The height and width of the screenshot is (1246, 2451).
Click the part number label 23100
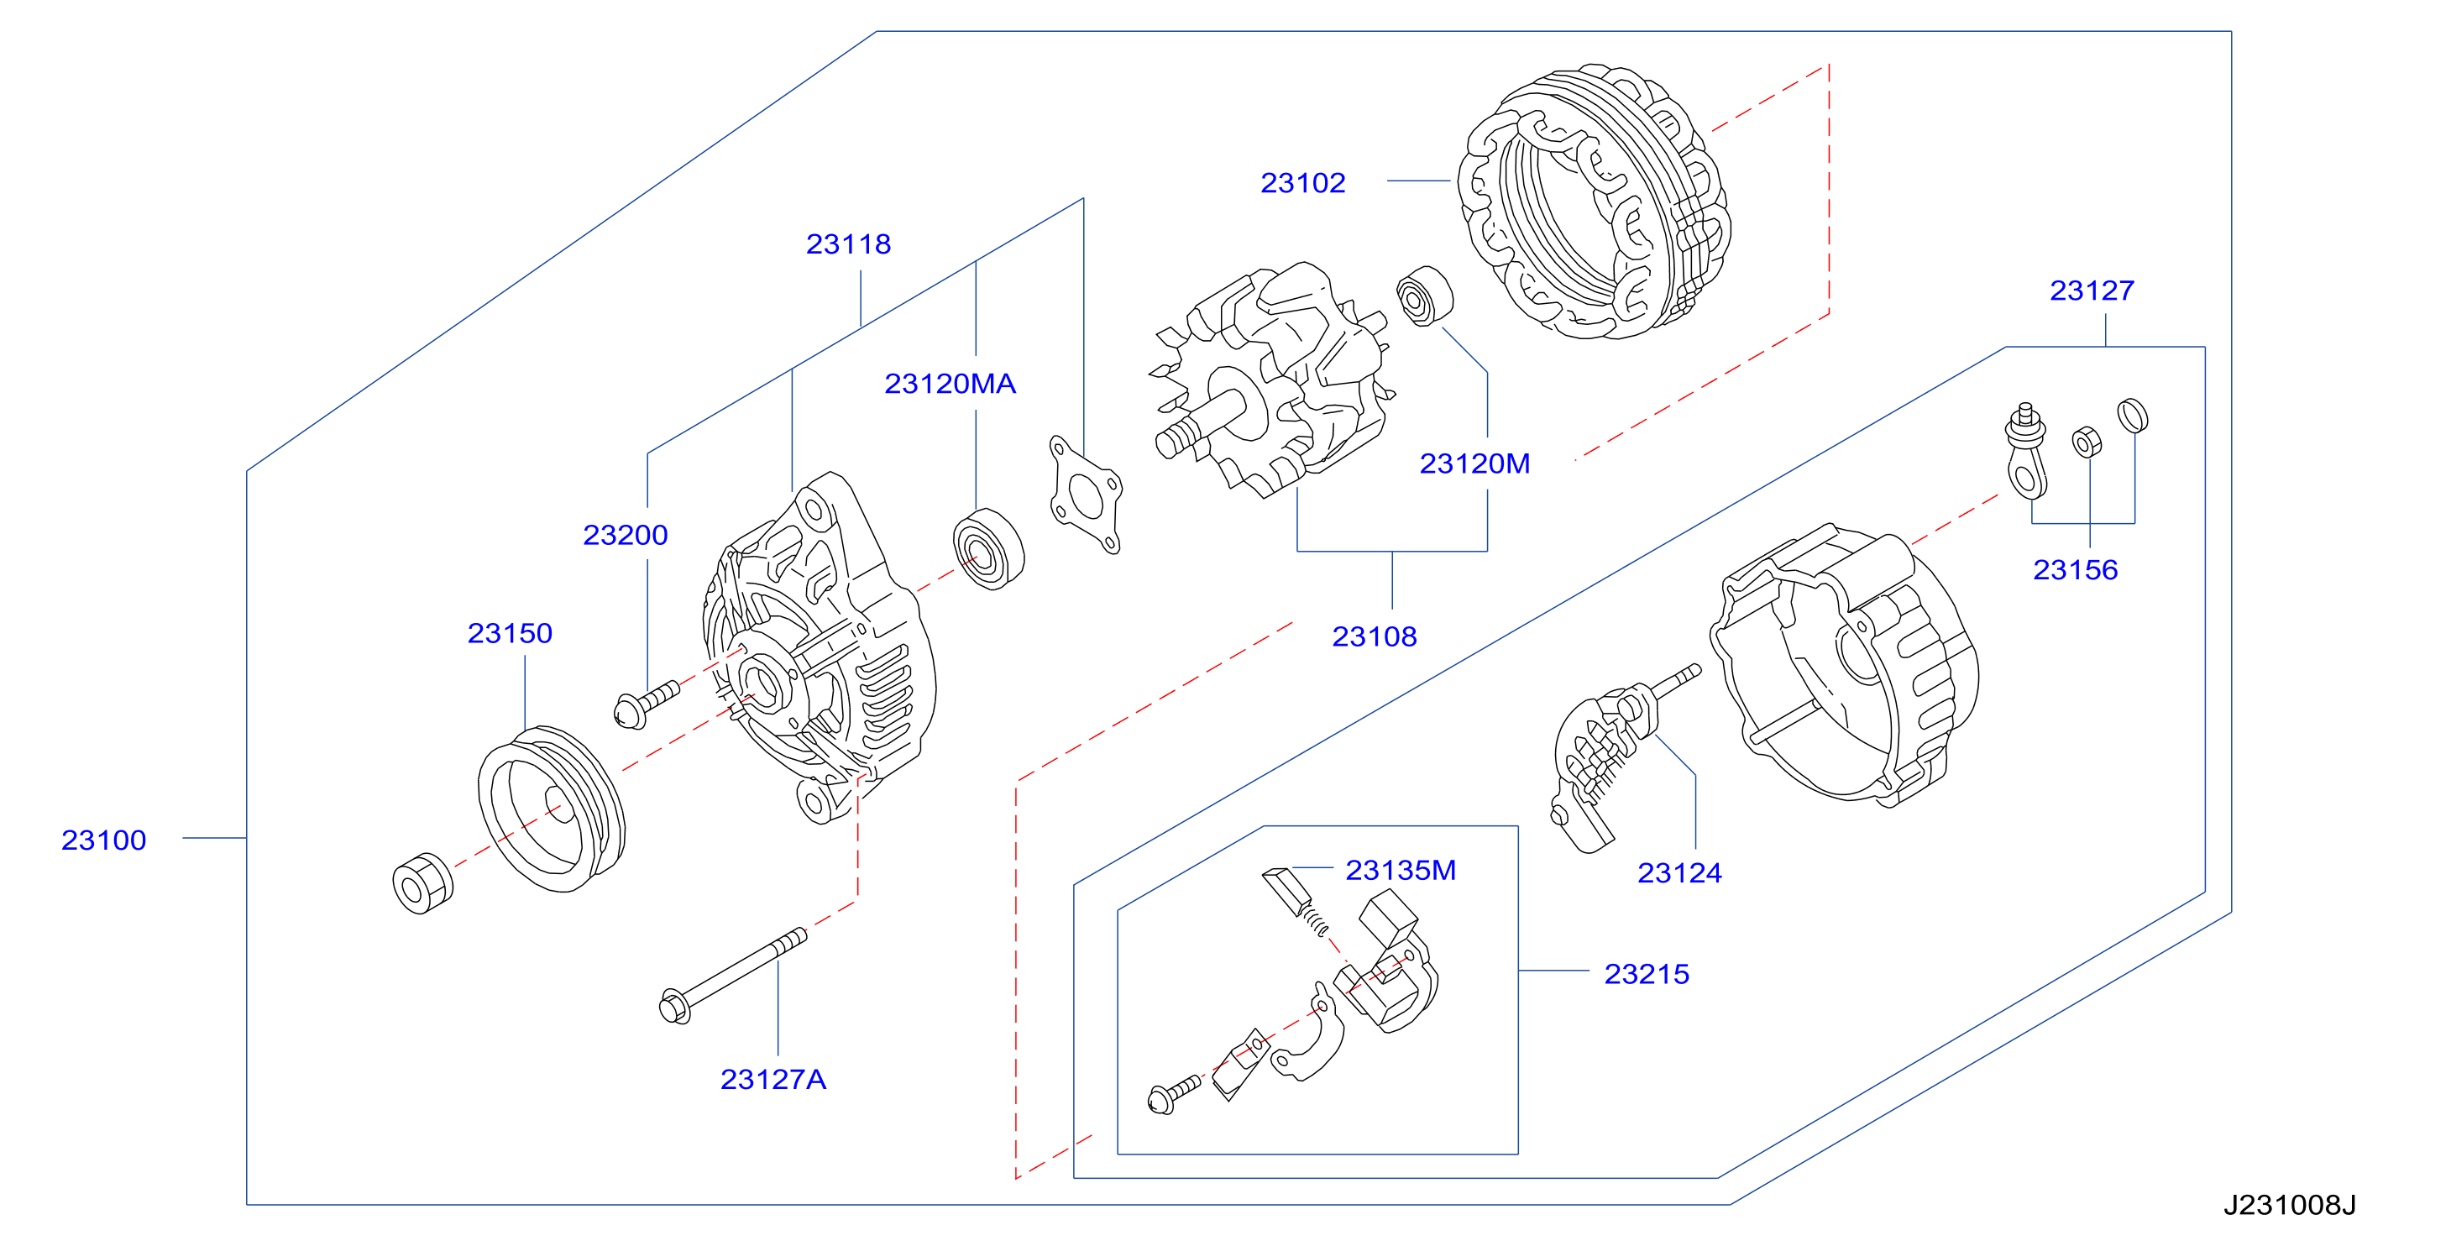(104, 840)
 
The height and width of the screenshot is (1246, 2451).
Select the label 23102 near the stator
(1302, 183)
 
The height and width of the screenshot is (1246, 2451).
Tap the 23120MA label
(950, 384)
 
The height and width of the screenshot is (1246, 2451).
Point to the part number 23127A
(772, 1080)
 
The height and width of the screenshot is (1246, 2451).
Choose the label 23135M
(1400, 871)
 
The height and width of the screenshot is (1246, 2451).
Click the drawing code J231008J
(2289, 1205)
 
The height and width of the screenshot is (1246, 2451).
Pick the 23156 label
(2075, 570)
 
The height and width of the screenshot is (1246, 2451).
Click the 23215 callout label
(1646, 974)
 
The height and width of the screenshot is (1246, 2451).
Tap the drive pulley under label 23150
(551, 809)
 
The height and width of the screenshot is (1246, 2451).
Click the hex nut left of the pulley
(422, 883)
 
